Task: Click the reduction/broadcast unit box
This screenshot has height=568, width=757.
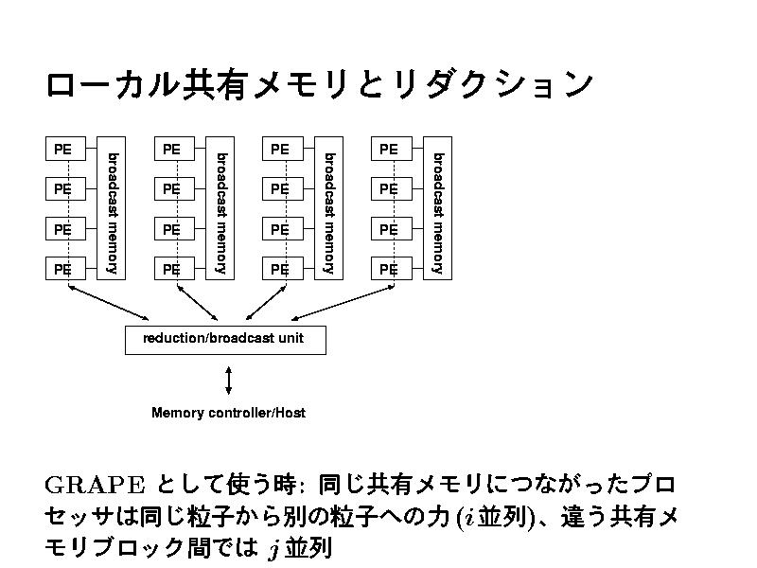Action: click(x=225, y=339)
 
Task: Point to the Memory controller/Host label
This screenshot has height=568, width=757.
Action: click(x=228, y=413)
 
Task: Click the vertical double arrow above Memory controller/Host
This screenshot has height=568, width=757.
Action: click(x=229, y=380)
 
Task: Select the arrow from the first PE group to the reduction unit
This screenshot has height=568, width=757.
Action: click(x=109, y=302)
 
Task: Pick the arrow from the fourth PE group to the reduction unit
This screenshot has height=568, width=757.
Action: click(x=345, y=300)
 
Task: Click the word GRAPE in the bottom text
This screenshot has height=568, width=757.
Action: click(x=94, y=485)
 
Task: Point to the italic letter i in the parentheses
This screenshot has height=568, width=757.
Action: click(x=468, y=518)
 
